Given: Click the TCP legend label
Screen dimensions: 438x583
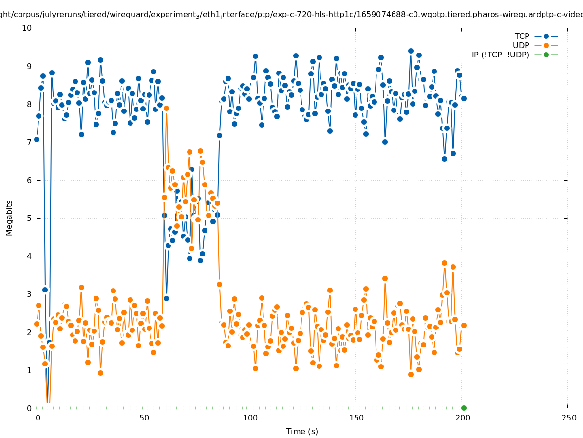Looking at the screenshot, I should (522, 36).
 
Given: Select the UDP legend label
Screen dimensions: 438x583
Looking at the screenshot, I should (521, 46).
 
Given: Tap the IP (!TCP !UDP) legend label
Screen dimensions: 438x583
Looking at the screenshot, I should (500, 55).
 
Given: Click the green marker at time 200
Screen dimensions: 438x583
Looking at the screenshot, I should (464, 408).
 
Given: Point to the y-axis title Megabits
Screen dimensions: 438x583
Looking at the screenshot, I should (9, 218).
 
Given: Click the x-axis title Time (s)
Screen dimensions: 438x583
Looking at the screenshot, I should (302, 431).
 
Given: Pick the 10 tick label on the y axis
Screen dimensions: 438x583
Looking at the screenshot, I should (27, 28).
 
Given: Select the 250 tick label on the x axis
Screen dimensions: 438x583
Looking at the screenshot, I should (568, 418).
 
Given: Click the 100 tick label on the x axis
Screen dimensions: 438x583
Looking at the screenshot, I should (250, 418).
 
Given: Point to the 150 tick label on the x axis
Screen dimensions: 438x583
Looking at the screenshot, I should (356, 418).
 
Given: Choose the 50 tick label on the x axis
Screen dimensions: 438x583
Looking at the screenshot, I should (144, 418).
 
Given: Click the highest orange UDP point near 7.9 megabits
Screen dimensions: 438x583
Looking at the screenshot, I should (166, 108).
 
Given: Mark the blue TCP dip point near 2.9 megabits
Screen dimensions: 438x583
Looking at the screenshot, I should (166, 298).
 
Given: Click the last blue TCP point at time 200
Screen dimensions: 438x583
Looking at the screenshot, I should (464, 98).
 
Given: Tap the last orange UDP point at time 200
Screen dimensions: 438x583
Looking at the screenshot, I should (464, 325).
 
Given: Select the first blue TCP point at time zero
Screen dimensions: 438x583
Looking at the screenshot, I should (37, 139).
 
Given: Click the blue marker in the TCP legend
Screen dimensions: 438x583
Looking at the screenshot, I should (546, 36).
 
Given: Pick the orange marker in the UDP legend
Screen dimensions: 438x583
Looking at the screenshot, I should (546, 46).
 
